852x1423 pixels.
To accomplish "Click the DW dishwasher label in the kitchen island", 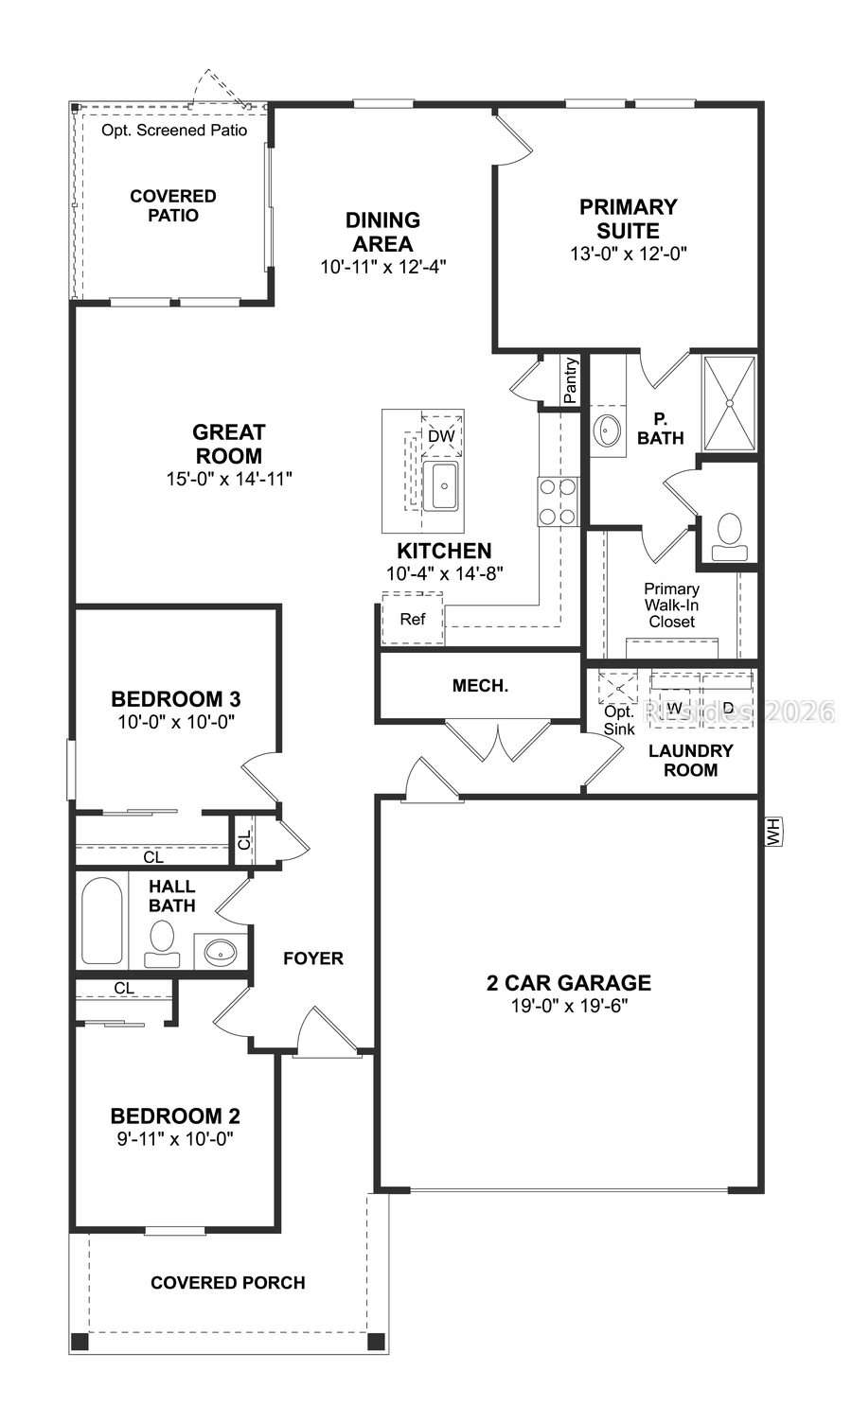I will coord(441,436).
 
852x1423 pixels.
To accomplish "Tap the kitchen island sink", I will coord(441,486).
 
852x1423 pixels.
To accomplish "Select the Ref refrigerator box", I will coord(413,620).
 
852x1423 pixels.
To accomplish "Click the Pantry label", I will coord(570,380).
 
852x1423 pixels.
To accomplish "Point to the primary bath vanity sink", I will coord(607,431).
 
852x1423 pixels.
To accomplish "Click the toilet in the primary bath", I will coord(729,532).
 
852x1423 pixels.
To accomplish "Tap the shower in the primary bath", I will coord(729,402).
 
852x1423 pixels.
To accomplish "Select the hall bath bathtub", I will coord(101,921).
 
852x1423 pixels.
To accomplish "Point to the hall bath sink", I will coord(221,952).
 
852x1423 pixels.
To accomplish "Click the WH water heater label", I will coord(772,834).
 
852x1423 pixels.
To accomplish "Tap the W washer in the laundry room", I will coord(675,708).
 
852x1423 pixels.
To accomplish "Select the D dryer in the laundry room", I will coord(728,708).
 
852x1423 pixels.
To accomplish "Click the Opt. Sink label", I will coord(619,720).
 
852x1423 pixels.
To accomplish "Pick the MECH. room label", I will coord(480,686).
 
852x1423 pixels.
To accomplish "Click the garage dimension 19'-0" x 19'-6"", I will coord(569,1007).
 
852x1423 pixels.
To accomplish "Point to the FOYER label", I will coord(313,958).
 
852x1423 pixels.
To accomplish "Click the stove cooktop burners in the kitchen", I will coord(558,501).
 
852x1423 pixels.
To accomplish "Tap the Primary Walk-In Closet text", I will coord(672,605).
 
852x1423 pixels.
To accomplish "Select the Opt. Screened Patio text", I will coord(174,130).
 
